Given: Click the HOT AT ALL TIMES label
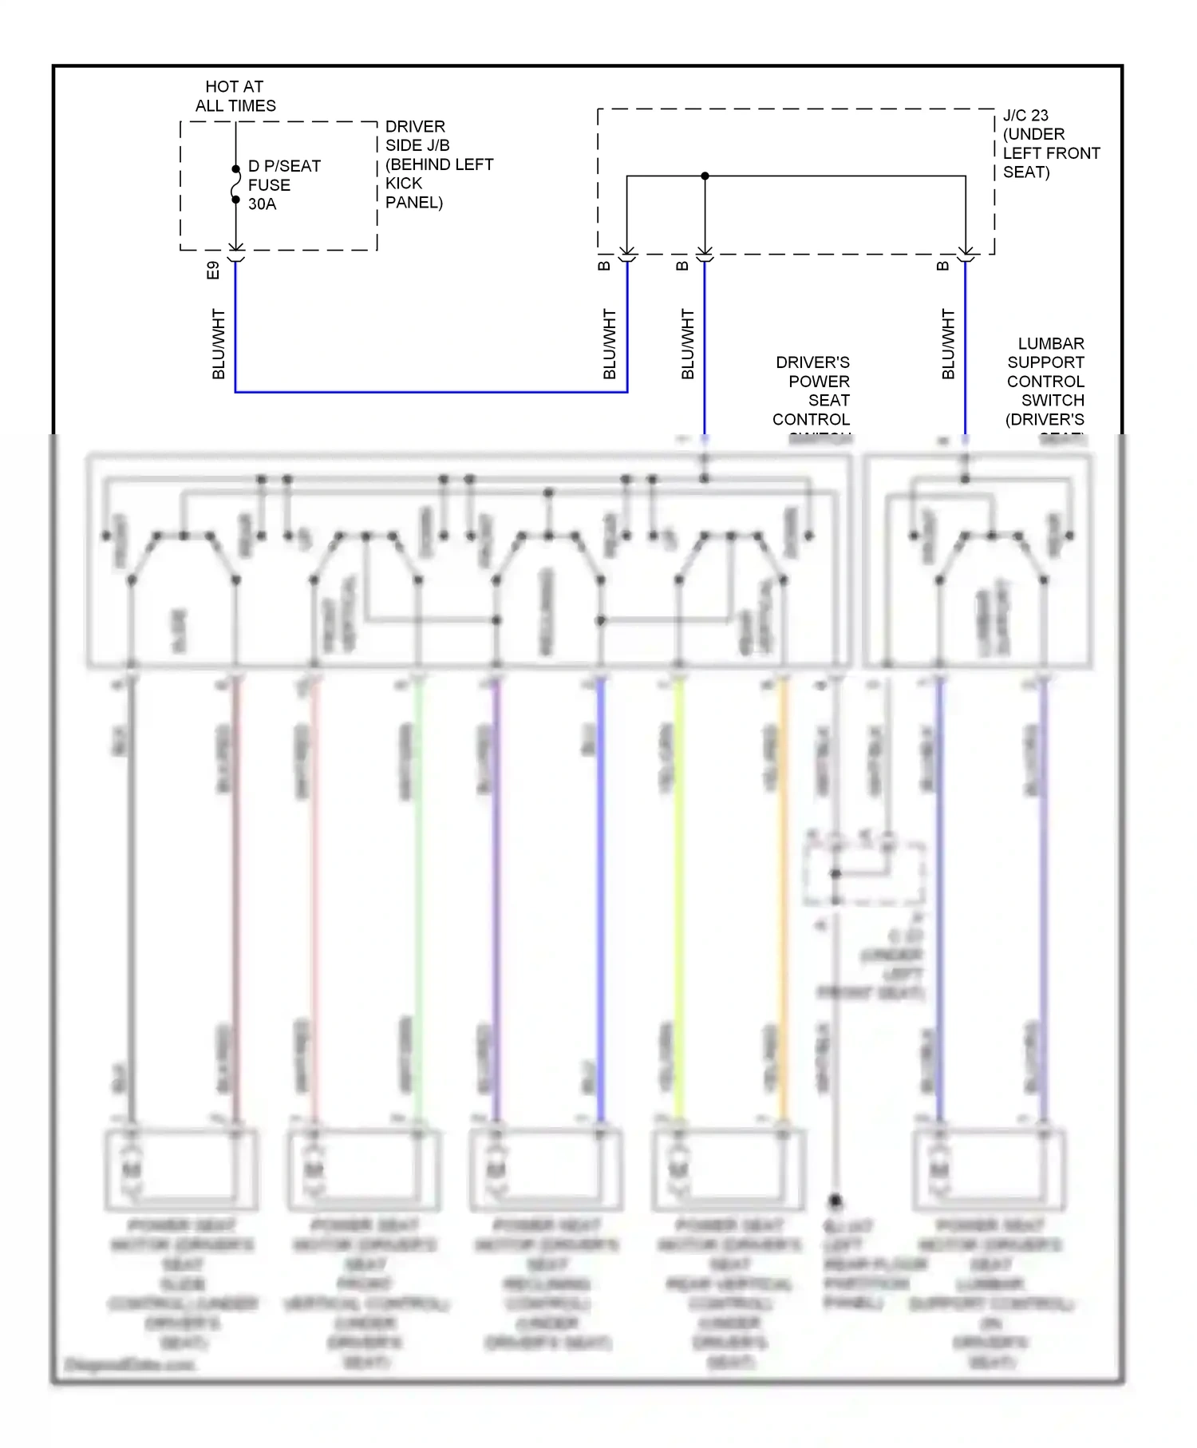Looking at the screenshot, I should pyautogui.click(x=235, y=96).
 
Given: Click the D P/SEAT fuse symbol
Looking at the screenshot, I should pyautogui.click(x=235, y=184).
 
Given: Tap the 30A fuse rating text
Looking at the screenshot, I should pyautogui.click(x=262, y=204).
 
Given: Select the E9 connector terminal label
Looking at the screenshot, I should pyautogui.click(x=212, y=270).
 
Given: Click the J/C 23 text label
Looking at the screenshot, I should pyautogui.click(x=1025, y=115).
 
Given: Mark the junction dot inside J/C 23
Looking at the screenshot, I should pyautogui.click(x=705, y=176).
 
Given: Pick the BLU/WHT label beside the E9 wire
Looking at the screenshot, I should pyautogui.click(x=218, y=344).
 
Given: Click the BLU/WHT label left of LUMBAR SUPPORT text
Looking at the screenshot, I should pyautogui.click(x=947, y=344).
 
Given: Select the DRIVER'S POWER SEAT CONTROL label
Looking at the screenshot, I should pyautogui.click(x=812, y=391).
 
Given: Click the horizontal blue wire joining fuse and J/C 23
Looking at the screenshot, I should pyautogui.click(x=431, y=392).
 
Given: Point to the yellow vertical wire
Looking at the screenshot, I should pyautogui.click(x=679, y=902).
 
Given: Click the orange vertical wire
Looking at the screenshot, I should pyautogui.click(x=783, y=902).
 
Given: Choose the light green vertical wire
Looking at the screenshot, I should pyautogui.click(x=417, y=902).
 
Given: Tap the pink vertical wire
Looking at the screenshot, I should pyautogui.click(x=314, y=902).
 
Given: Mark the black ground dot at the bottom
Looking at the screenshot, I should pyautogui.click(x=836, y=1200).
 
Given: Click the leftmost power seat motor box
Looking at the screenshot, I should pyautogui.click(x=182, y=1169).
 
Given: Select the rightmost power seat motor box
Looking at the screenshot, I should pyautogui.click(x=990, y=1169).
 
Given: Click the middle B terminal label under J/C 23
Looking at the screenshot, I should pyautogui.click(x=681, y=266).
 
